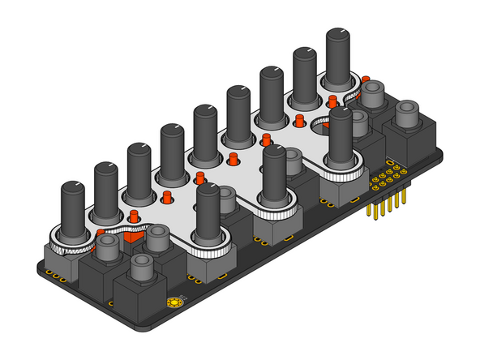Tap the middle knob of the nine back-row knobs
pyautogui.click(x=205, y=130)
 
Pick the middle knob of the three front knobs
pyautogui.click(x=274, y=174)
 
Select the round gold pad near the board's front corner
pyautogui.click(x=173, y=303)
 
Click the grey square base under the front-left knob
pyautogui.click(x=209, y=263)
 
